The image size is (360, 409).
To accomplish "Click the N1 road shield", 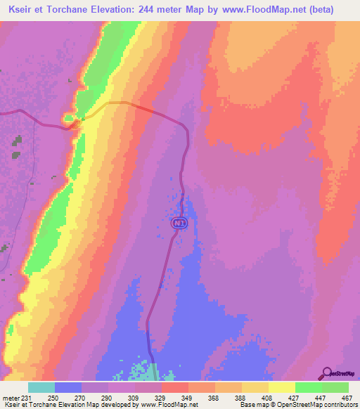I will tap(179, 223).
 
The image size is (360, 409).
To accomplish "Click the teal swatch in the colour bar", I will tap(41, 387).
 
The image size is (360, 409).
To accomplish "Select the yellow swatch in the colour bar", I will tap(282, 387).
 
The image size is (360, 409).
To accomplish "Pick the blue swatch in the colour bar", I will tap(68, 387).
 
